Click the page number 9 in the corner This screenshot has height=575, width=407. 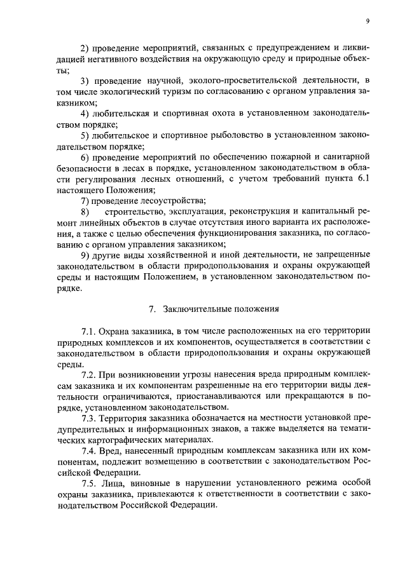[368, 21]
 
